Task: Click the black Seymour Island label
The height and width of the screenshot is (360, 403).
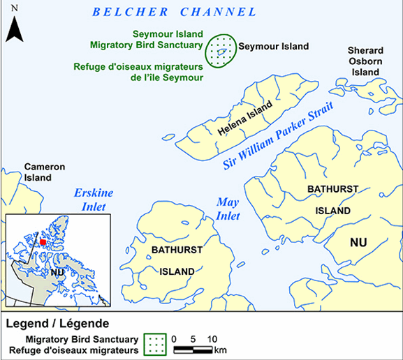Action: (273, 47)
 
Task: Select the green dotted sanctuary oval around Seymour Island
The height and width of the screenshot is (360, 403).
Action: (220, 50)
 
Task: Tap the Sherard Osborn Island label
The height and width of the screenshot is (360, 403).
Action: (365, 61)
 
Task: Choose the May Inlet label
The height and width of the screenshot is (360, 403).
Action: (228, 208)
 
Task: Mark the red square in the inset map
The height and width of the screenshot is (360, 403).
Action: (43, 241)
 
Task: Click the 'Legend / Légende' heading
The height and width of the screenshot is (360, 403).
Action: (57, 324)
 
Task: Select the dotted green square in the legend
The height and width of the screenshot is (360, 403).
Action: (155, 343)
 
